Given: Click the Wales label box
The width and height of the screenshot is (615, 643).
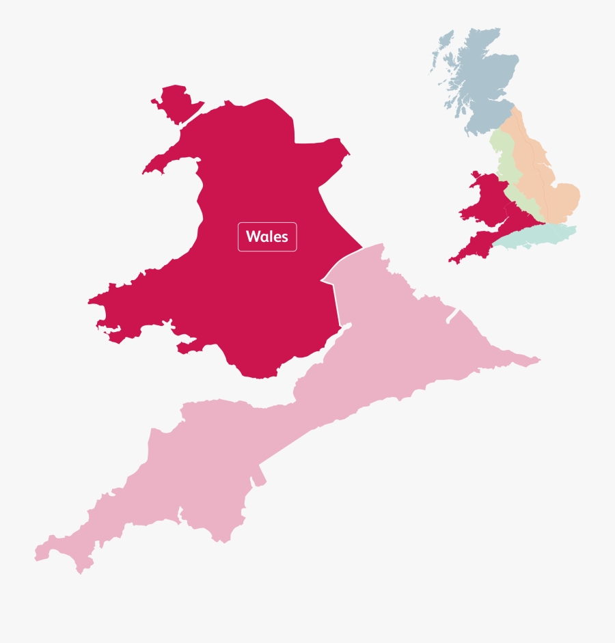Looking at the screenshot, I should (267, 237).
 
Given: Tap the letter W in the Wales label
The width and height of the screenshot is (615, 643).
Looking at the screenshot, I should (253, 237).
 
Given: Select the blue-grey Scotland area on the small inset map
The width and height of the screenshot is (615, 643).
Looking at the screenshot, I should (478, 75).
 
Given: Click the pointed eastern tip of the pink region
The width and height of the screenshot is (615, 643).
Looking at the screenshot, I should (539, 359).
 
